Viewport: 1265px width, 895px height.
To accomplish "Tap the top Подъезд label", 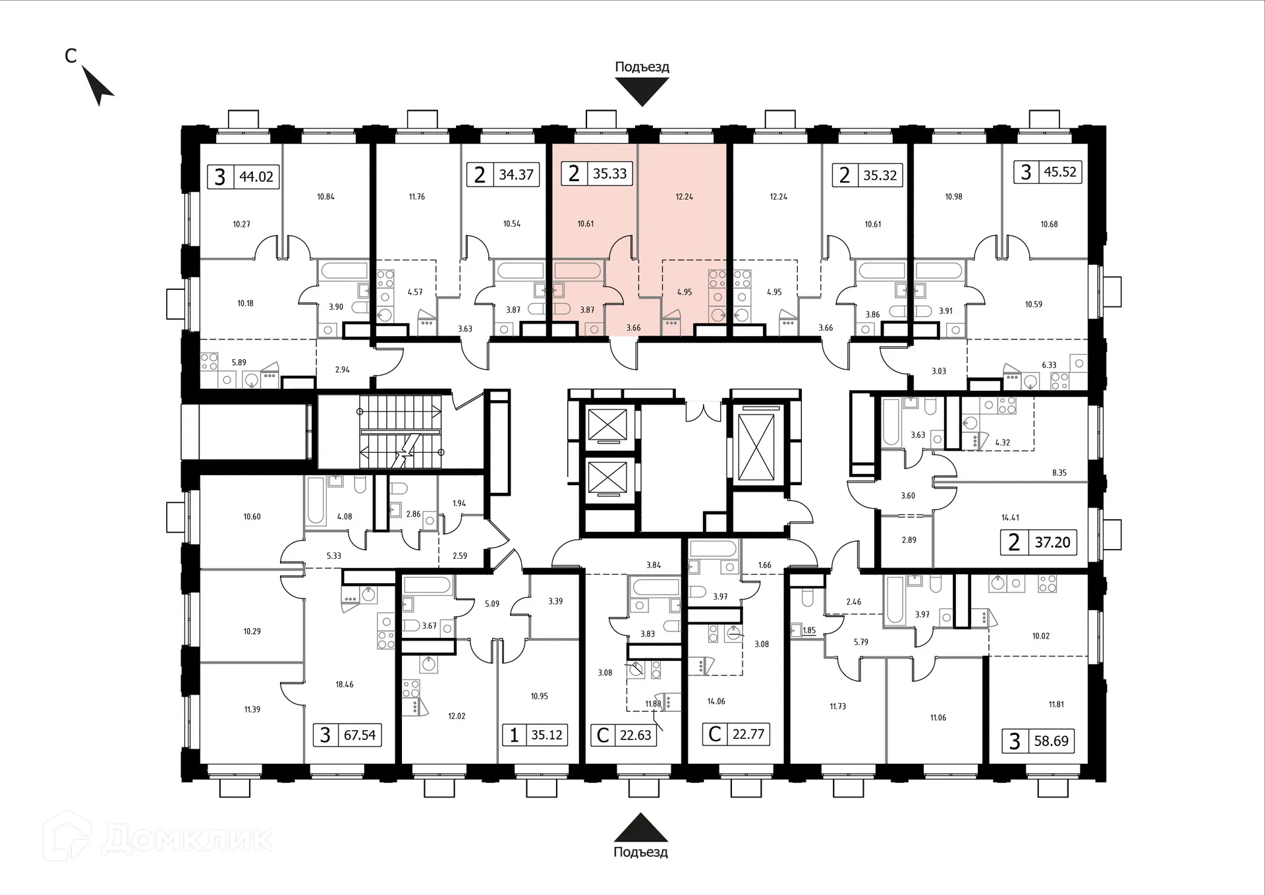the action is pos(642,67).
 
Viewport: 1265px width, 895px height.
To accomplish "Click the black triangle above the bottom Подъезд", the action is pos(641,827).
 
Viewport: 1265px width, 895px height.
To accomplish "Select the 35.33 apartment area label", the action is pos(609,173).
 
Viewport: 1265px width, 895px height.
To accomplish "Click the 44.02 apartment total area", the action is pos(256,177).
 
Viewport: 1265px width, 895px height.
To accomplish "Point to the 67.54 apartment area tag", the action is pos(360,735).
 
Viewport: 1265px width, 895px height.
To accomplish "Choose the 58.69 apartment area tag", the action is pos(1051,741).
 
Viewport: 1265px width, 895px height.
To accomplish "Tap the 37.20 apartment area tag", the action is pos(1052,542).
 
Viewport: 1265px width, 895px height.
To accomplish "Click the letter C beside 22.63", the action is pos(602,735).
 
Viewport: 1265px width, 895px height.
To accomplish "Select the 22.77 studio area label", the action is pos(748,734).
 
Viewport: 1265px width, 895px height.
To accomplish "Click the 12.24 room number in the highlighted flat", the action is pos(684,196).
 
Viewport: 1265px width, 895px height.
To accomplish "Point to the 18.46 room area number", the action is pos(345,684).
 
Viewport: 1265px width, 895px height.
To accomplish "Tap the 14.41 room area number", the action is pos(1010,517).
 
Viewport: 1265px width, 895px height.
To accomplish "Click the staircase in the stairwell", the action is pos(400,432).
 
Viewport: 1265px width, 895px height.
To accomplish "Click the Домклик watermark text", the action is pos(188,838).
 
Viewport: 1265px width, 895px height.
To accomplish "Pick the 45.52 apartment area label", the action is pos(1060,172).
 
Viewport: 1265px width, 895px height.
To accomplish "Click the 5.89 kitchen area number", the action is pos(239,362).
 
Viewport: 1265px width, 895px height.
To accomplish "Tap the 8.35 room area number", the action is pos(1059,473).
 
